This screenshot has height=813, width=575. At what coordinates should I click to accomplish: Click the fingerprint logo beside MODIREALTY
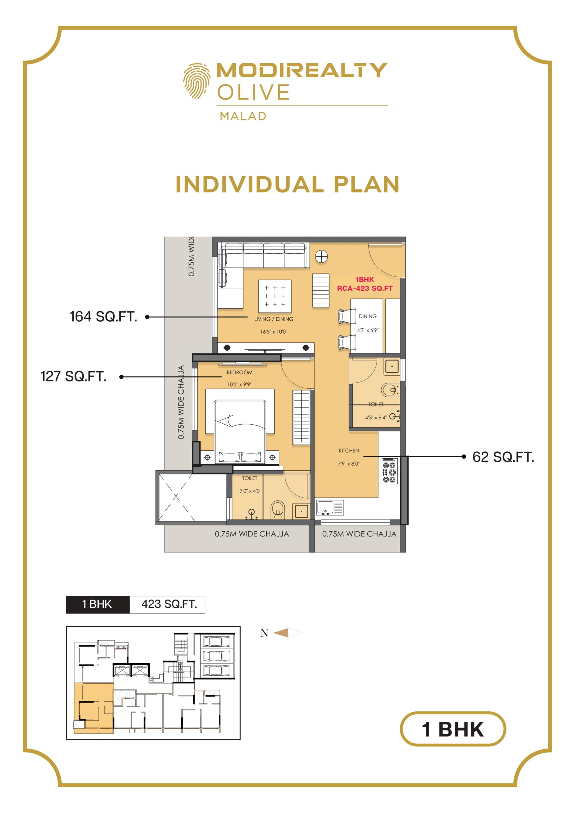197,81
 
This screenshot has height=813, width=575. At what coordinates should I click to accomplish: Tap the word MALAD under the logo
243,116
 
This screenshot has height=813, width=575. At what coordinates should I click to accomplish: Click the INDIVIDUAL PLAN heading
288,185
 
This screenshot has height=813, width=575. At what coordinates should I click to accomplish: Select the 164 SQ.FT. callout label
104,317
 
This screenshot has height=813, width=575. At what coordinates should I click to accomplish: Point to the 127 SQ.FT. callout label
74,376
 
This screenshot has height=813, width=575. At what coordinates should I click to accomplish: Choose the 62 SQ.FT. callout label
503,457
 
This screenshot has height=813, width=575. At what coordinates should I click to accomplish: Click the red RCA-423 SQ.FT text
365,288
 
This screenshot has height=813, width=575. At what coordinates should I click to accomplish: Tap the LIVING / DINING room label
274,319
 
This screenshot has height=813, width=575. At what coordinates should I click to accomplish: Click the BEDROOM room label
240,373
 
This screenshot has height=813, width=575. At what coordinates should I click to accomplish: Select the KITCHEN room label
349,450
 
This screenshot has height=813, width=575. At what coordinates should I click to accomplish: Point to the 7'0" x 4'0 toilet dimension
250,491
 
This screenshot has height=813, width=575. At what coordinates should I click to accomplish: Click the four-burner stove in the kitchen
390,471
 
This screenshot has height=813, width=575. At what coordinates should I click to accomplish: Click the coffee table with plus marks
275,296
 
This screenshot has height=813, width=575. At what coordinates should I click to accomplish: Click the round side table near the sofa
322,256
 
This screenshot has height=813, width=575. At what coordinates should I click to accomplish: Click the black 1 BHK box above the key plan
98,604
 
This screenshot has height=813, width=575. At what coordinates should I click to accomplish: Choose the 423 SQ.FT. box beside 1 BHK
167,604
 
